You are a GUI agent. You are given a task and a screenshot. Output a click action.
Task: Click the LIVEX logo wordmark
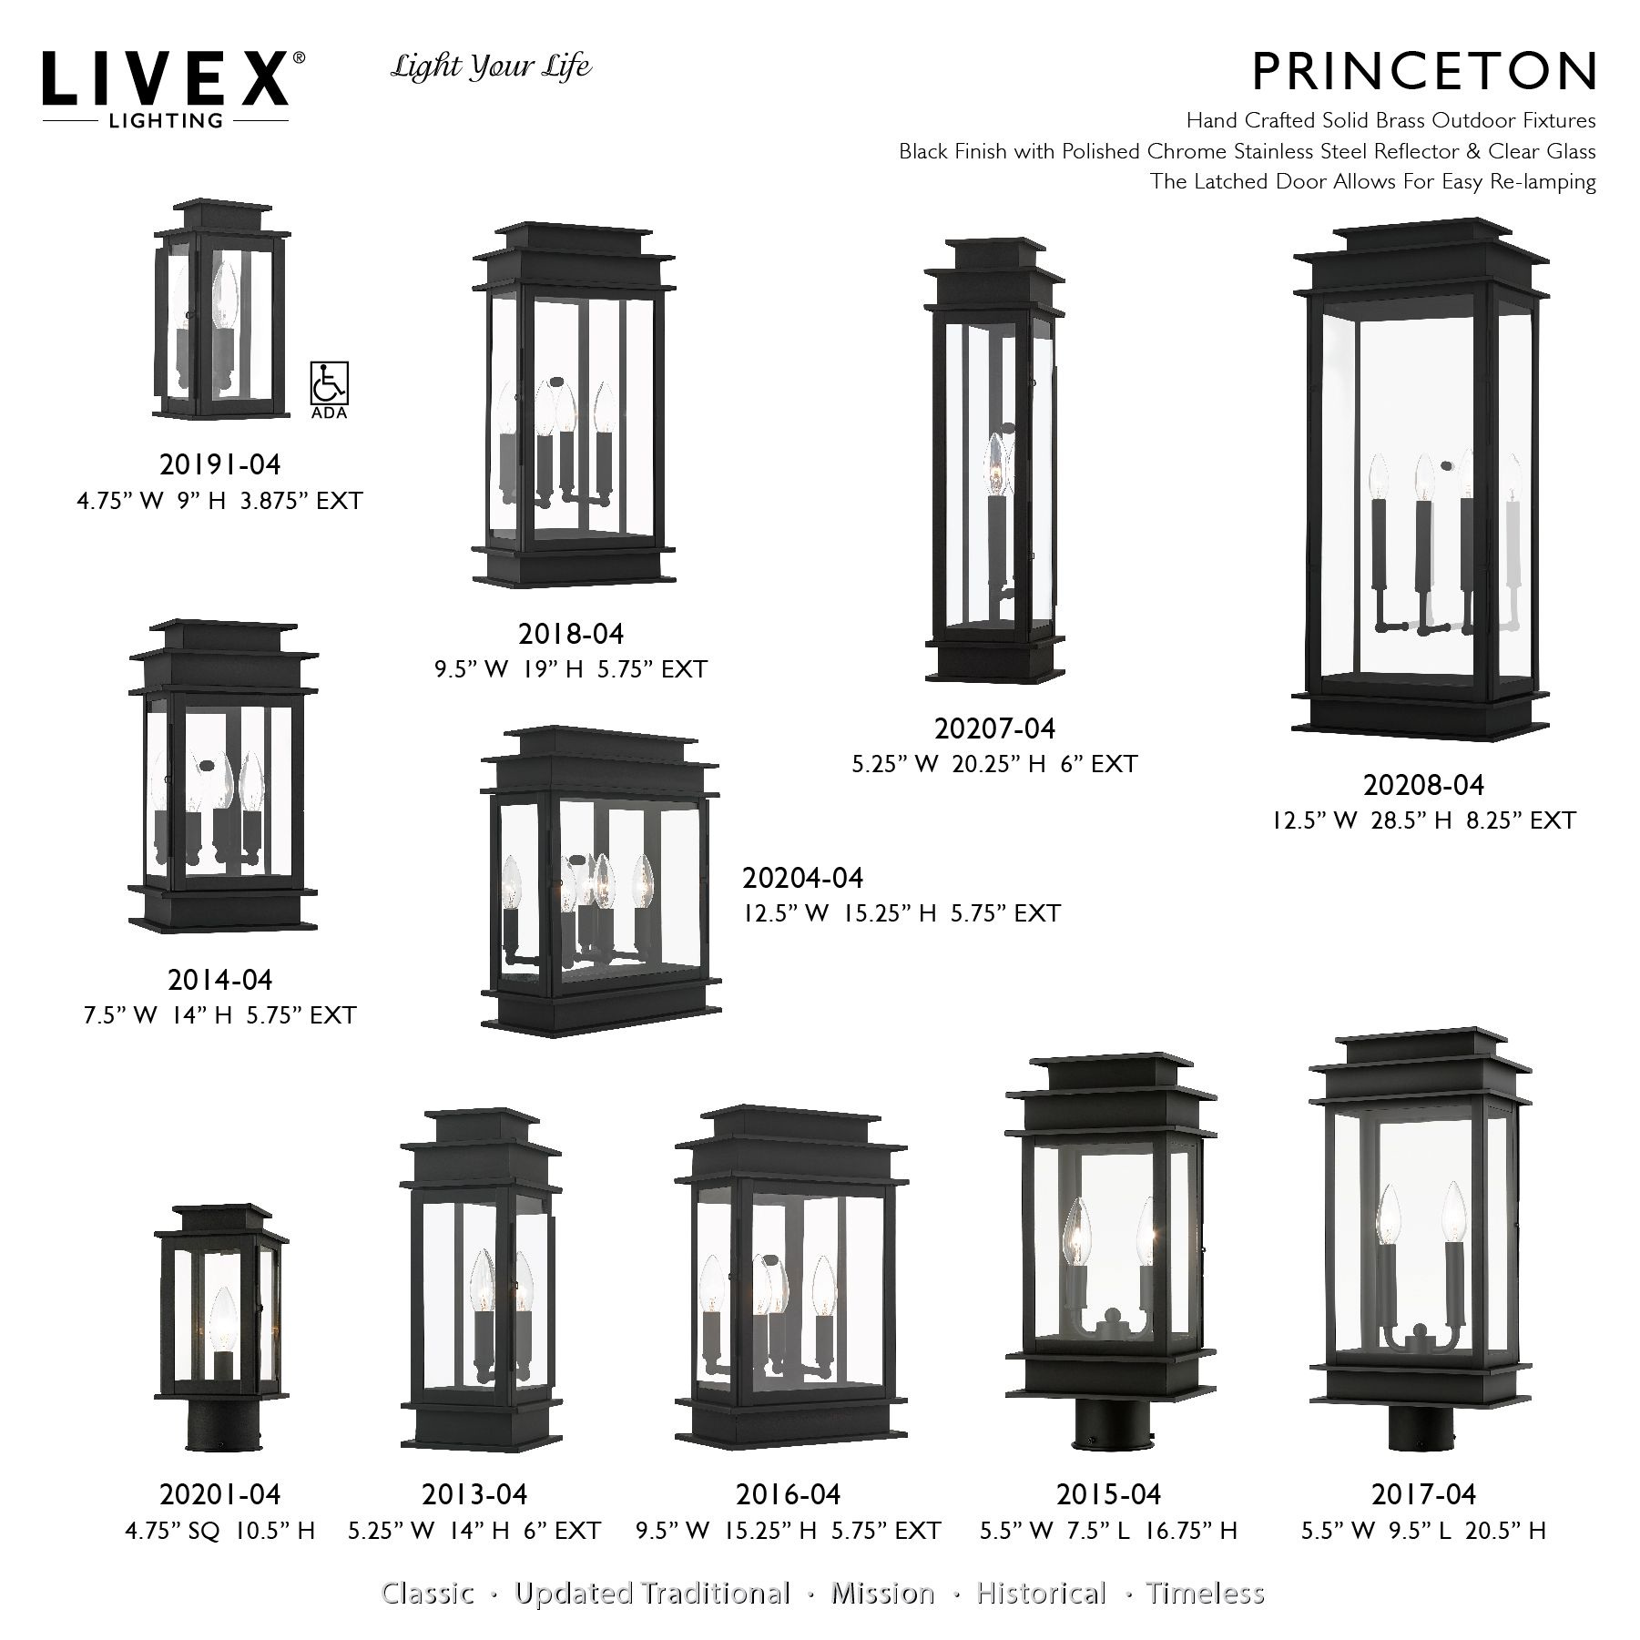click(166, 79)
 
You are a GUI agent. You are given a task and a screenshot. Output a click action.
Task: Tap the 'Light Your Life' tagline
click(491, 67)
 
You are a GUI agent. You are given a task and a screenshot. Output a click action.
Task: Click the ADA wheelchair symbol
click(329, 383)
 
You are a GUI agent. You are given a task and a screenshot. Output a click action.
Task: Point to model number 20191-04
click(220, 464)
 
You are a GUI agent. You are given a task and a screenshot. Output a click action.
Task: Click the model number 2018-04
click(571, 634)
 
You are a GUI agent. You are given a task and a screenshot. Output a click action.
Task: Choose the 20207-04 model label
click(994, 728)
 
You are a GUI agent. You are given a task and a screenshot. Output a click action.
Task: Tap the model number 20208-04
click(1423, 784)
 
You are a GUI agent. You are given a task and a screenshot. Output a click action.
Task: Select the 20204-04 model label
click(802, 878)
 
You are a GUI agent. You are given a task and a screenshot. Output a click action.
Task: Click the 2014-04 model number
click(220, 980)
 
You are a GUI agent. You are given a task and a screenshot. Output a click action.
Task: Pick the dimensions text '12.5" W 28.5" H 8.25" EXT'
click(1423, 820)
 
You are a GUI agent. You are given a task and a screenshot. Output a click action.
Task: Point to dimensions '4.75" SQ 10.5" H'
click(220, 1531)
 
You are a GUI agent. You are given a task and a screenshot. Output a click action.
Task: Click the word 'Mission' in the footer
click(882, 1593)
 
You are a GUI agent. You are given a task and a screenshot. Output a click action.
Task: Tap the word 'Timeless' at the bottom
click(1205, 1593)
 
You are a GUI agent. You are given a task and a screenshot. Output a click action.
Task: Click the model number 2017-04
click(1423, 1494)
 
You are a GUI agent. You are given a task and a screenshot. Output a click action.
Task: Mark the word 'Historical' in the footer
click(1041, 1593)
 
